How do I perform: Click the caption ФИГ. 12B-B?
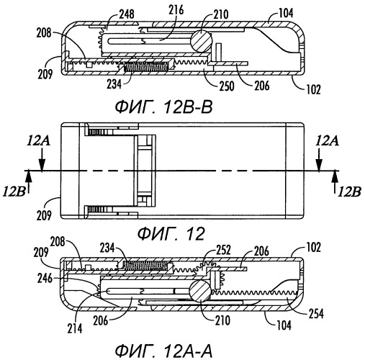(x=163, y=107)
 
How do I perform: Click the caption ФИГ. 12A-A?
(x=164, y=351)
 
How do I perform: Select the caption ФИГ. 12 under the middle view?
(x=171, y=234)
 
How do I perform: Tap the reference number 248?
(x=127, y=14)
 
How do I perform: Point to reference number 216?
(x=176, y=10)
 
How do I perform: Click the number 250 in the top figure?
(x=226, y=86)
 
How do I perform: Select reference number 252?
(x=223, y=250)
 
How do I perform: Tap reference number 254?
(x=316, y=314)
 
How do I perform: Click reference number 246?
(x=45, y=279)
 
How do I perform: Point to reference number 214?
(x=75, y=328)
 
